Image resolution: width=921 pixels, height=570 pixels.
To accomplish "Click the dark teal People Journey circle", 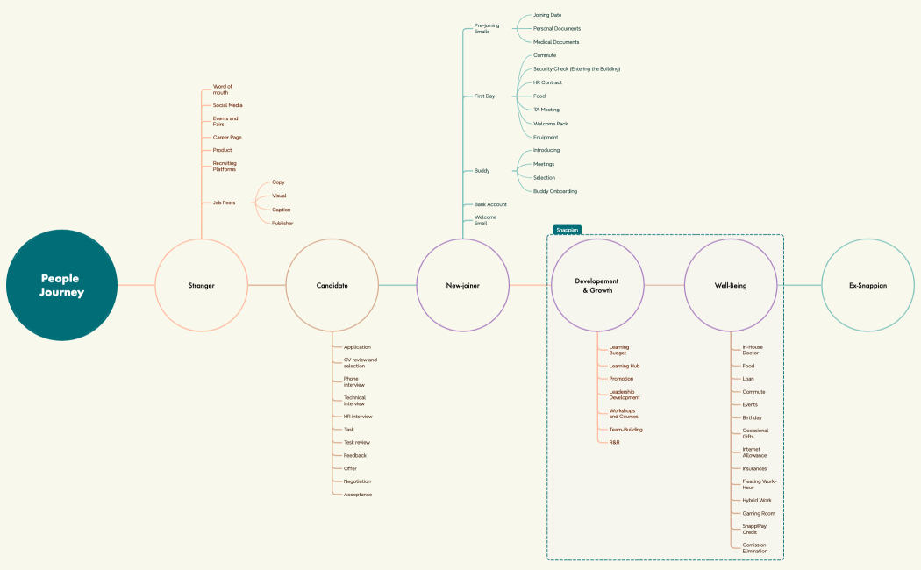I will pyautogui.click(x=61, y=285).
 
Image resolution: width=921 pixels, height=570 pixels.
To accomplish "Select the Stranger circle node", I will pyautogui.click(x=201, y=285).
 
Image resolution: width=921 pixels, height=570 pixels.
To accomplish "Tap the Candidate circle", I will pyautogui.click(x=332, y=285).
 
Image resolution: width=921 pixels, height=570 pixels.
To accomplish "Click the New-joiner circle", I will pyautogui.click(x=462, y=285).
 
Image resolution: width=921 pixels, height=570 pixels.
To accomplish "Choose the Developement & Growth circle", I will pyautogui.click(x=596, y=285).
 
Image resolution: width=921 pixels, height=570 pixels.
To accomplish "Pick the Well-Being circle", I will pyautogui.click(x=731, y=285).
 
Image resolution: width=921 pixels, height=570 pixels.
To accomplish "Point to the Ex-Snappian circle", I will pyautogui.click(x=867, y=285).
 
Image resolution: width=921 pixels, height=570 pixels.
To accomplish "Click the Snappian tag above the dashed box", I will pyautogui.click(x=567, y=230).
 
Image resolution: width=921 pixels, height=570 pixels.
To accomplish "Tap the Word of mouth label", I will pyautogui.click(x=223, y=89).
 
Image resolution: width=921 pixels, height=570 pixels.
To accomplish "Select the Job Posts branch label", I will pyautogui.click(x=224, y=203).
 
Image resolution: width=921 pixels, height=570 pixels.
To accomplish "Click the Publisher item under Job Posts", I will pyautogui.click(x=282, y=224).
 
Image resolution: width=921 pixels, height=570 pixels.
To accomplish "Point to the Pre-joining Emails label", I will pyautogui.click(x=487, y=28).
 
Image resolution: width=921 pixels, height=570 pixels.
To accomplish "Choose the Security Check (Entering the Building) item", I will pyautogui.click(x=576, y=68).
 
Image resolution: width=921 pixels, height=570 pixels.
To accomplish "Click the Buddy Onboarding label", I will pyautogui.click(x=555, y=191).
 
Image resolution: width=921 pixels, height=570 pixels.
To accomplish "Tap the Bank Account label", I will pyautogui.click(x=490, y=204).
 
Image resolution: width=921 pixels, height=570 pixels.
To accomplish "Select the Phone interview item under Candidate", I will pyautogui.click(x=354, y=381).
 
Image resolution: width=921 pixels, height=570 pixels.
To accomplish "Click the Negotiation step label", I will pyautogui.click(x=357, y=481).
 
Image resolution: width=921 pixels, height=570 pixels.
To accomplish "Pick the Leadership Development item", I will pyautogui.click(x=625, y=395).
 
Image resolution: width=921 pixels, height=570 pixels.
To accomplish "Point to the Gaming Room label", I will pyautogui.click(x=758, y=513).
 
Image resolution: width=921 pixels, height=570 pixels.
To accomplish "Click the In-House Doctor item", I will pyautogui.click(x=753, y=350).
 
